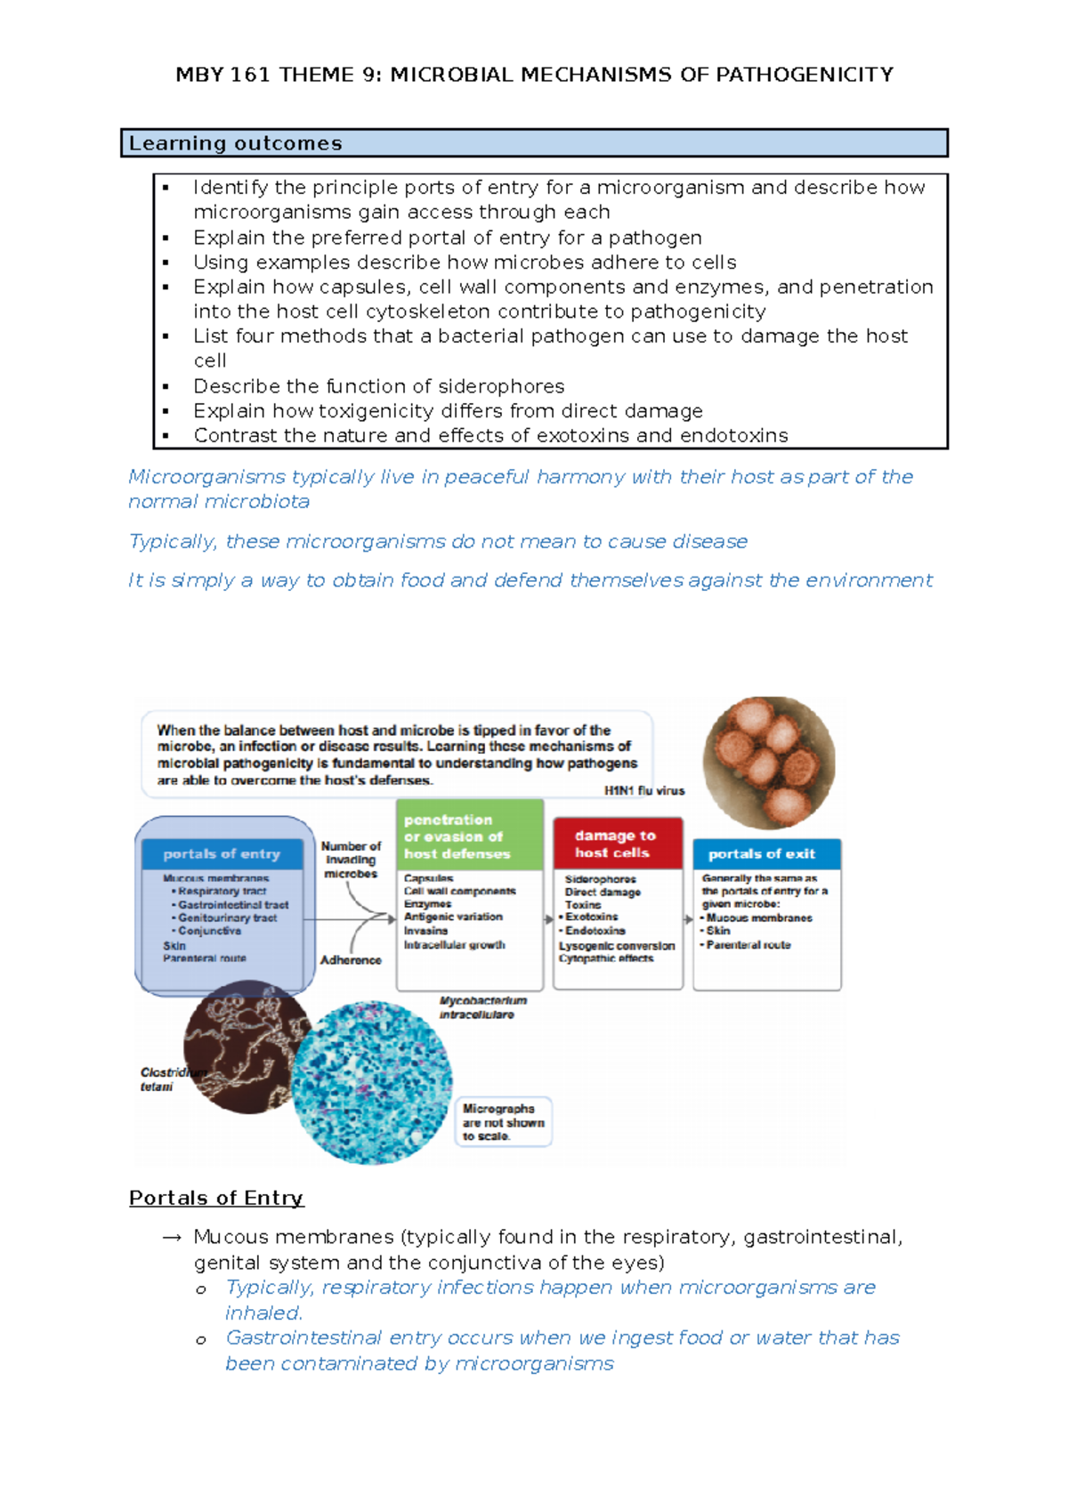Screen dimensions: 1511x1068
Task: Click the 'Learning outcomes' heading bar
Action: (534, 143)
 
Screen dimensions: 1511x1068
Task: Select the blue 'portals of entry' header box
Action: (222, 854)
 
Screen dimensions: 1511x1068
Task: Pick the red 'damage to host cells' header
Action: (616, 844)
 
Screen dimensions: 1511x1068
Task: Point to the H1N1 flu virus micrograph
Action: (769, 763)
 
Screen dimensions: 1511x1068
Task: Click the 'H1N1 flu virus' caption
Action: (644, 790)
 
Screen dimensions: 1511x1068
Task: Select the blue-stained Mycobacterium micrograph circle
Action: (372, 1082)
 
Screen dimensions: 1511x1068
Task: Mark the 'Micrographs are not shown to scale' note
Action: (502, 1122)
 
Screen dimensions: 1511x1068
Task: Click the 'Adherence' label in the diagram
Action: (351, 960)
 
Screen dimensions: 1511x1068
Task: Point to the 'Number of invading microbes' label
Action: (351, 860)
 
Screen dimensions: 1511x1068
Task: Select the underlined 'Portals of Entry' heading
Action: (216, 1198)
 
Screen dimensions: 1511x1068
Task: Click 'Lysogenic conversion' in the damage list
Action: (617, 946)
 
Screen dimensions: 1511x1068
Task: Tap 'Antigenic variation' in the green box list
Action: (453, 917)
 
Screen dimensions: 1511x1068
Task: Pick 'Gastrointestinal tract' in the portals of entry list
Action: (232, 904)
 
